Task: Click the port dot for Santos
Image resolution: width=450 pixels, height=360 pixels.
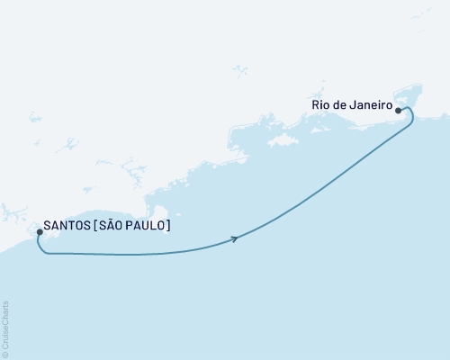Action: coord(40,232)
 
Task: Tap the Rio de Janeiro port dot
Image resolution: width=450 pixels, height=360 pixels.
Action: coord(396,105)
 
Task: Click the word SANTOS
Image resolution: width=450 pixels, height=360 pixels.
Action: coord(66,226)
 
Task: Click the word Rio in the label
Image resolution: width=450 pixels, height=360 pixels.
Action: coord(320,105)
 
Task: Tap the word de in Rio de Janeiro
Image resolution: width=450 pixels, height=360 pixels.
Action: coord(340,105)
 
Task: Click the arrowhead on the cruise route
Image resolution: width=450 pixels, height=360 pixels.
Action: coord(235,238)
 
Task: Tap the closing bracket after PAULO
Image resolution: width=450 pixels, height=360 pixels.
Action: coord(168,226)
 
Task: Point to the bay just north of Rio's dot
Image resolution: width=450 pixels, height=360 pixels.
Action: coord(401,94)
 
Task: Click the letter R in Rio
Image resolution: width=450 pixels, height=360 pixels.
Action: coord(316,105)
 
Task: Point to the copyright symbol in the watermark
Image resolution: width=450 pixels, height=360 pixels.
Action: coord(5,354)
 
